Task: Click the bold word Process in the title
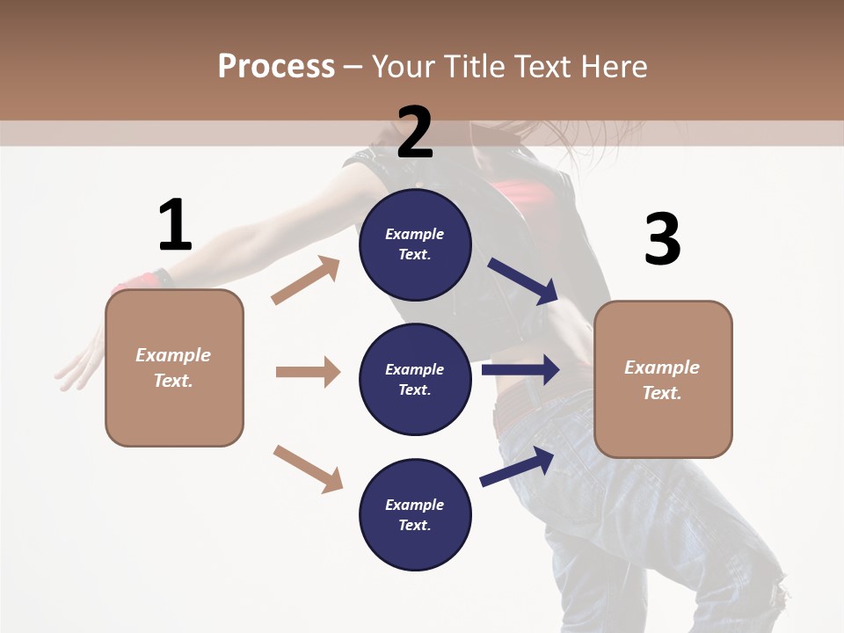click(276, 66)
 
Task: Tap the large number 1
click(175, 225)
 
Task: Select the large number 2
click(415, 132)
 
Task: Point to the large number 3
click(662, 239)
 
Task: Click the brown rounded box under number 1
click(174, 367)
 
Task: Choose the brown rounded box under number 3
click(663, 379)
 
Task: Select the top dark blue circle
click(415, 244)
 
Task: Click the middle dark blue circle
click(415, 379)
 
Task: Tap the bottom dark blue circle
click(415, 514)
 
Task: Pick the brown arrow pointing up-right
click(305, 280)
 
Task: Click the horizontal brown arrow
click(308, 372)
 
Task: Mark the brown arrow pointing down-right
click(308, 469)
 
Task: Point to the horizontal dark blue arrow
click(520, 369)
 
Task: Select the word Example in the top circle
click(414, 234)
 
